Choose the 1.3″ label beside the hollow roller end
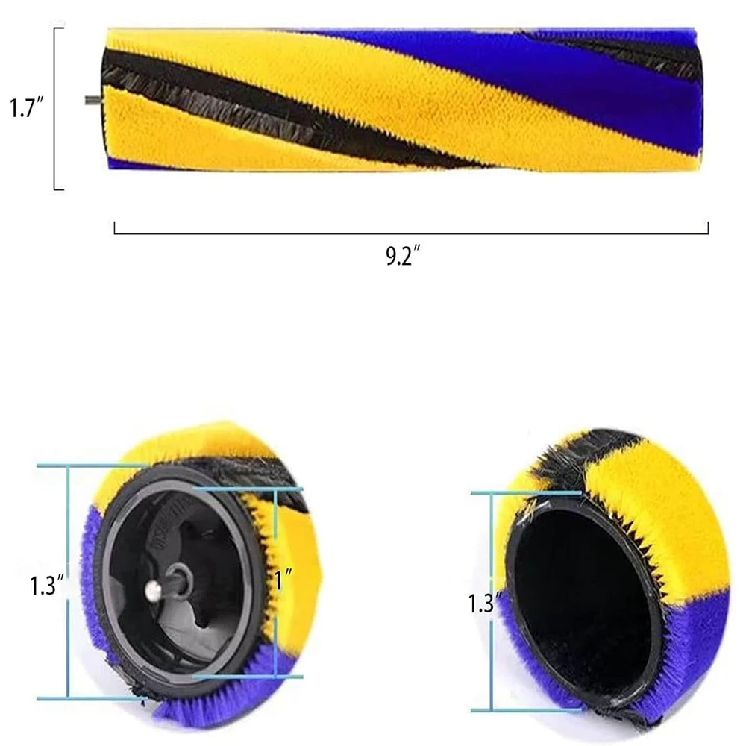click(482, 603)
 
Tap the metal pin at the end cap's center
click(154, 591)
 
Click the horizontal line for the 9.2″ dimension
click(410, 233)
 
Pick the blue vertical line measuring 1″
click(275, 582)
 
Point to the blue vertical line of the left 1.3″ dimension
click(68, 582)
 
